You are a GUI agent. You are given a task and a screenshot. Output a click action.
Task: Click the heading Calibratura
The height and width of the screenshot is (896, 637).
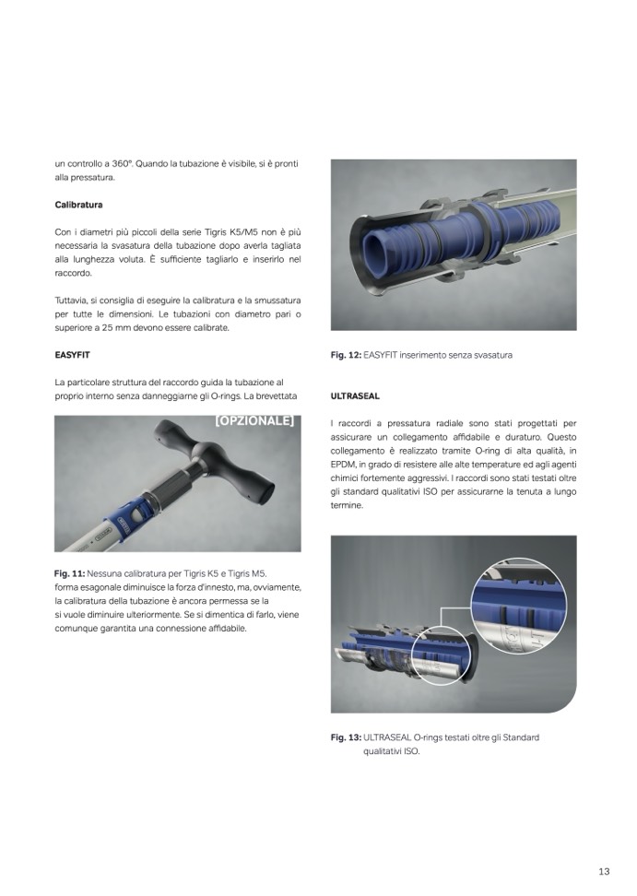coord(79,205)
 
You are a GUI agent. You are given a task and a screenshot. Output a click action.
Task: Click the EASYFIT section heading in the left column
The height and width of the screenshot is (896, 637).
coord(73,355)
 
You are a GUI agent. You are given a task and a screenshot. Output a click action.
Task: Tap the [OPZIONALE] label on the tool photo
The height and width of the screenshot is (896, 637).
coord(254,421)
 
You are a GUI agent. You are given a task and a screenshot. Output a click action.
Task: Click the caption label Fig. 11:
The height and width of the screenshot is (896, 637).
coord(70,573)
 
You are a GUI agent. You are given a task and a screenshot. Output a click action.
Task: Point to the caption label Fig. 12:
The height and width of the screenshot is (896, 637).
coord(347,355)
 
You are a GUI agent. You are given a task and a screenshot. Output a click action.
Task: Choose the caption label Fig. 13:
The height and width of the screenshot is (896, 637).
coord(347,737)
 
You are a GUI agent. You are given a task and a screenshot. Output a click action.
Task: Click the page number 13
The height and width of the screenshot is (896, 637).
coord(604,871)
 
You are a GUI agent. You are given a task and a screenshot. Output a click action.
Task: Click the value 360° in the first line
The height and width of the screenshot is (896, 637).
coord(123,163)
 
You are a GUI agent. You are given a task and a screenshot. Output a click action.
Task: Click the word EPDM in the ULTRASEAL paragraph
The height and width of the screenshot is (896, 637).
coord(342,465)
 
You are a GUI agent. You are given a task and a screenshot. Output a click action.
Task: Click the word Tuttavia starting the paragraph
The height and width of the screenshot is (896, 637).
coord(71,301)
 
